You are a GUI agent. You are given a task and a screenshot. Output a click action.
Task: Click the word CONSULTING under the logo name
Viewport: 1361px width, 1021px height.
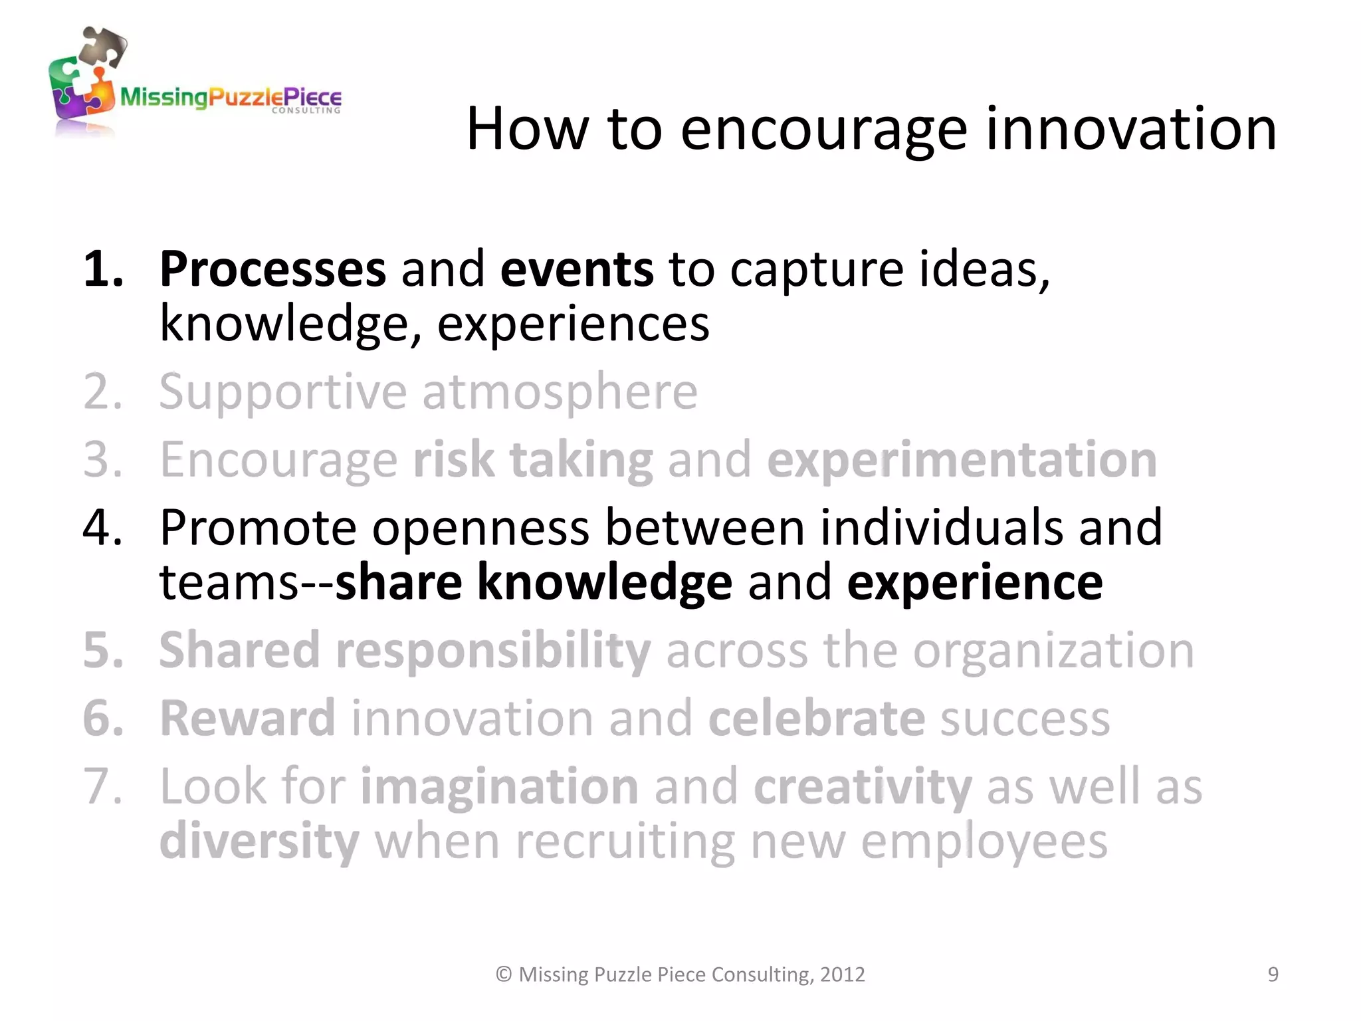pyautogui.click(x=306, y=110)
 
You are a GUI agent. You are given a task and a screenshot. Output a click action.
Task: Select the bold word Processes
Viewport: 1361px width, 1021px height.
pyautogui.click(x=272, y=269)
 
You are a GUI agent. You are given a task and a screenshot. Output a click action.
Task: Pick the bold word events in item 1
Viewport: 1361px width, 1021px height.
pyautogui.click(x=577, y=269)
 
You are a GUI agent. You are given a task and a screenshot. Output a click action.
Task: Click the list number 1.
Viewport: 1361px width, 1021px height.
pyautogui.click(x=103, y=269)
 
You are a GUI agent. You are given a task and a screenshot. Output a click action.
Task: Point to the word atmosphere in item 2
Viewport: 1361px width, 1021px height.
pyautogui.click(x=560, y=392)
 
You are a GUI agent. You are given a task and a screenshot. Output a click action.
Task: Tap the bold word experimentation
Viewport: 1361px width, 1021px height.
pyautogui.click(x=962, y=460)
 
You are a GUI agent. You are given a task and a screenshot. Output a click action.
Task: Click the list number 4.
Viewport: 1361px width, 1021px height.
pyautogui.click(x=103, y=528)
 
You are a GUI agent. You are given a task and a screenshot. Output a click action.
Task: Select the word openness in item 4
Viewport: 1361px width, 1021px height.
pyautogui.click(x=480, y=528)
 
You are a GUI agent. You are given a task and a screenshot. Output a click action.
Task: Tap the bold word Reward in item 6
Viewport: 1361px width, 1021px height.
pyautogui.click(x=247, y=719)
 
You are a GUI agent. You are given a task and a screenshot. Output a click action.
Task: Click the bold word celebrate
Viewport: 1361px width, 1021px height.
pyautogui.click(x=816, y=719)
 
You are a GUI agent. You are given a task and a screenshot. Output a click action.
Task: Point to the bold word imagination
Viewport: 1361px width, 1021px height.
pyautogui.click(x=499, y=787)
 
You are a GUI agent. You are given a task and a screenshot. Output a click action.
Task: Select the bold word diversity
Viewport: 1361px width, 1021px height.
pyautogui.click(x=259, y=842)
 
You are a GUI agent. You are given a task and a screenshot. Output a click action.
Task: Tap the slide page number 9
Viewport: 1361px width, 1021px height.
pyautogui.click(x=1273, y=974)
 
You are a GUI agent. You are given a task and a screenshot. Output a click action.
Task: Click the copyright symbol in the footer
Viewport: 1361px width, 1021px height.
pyautogui.click(x=504, y=974)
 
